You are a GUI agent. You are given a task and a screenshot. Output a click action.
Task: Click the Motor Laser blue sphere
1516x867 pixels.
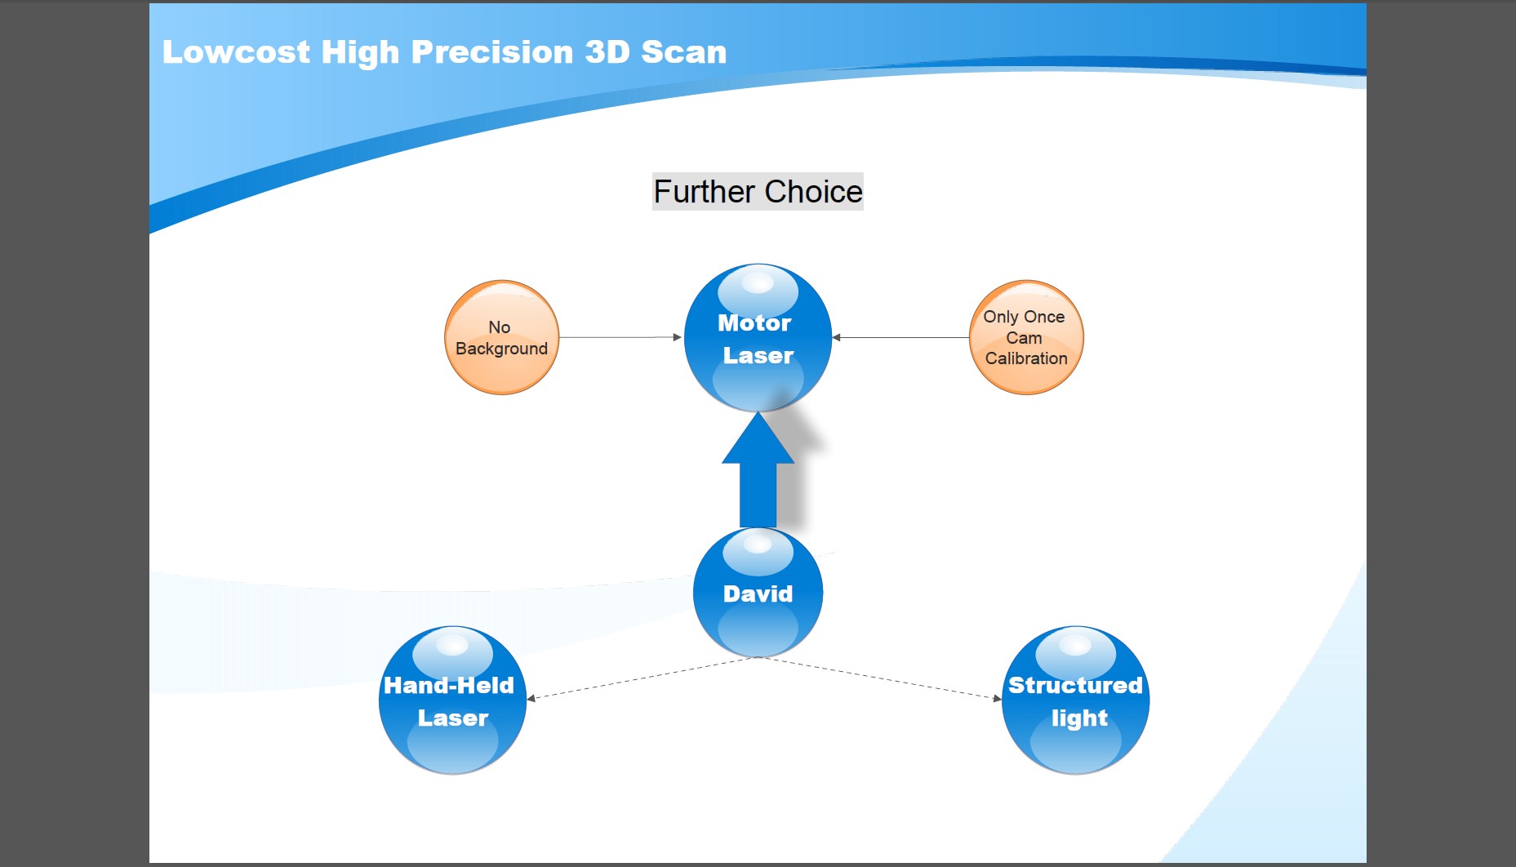point(758,337)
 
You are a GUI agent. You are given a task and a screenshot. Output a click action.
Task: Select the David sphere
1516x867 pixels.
point(758,593)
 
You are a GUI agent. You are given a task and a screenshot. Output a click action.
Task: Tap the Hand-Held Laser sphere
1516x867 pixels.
point(452,700)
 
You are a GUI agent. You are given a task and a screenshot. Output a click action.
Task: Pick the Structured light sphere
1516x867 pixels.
point(1075,700)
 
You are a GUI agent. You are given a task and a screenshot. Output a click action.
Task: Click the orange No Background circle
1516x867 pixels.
point(501,337)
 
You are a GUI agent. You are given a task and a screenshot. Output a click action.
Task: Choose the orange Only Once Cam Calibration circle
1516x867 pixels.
point(1026,337)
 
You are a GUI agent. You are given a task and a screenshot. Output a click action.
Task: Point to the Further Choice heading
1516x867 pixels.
point(758,192)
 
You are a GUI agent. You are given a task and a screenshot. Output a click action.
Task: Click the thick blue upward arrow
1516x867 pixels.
point(758,470)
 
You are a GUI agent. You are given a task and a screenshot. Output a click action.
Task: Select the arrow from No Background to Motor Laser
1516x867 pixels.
point(620,337)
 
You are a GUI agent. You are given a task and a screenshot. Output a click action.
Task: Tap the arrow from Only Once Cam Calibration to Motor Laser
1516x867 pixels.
point(900,337)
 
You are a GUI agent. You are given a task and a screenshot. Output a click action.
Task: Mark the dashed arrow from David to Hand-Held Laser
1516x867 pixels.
point(642,678)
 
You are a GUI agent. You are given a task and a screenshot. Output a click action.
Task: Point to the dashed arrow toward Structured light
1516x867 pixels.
point(880,678)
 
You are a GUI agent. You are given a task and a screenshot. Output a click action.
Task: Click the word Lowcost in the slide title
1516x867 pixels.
point(236,52)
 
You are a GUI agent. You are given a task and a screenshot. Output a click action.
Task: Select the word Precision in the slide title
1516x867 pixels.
point(492,52)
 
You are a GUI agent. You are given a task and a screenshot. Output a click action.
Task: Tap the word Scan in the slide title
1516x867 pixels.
point(683,52)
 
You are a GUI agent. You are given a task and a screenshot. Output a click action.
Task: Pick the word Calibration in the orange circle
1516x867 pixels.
point(1026,358)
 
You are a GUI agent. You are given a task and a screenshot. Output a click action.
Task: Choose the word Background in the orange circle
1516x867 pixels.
point(501,349)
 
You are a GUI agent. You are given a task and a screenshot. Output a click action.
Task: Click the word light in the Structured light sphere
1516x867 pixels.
point(1079,718)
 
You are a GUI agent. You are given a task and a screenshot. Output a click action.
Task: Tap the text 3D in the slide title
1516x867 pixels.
point(607,52)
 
